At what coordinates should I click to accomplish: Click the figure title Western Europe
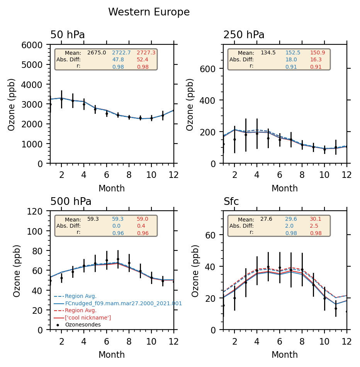(149, 12)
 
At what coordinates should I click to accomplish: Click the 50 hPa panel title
(68, 35)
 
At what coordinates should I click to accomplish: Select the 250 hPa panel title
(244, 35)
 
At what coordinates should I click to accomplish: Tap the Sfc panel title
(231, 202)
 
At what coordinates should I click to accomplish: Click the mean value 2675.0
(97, 52)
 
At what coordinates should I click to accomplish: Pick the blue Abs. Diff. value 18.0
(291, 59)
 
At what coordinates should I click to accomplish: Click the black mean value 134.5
(268, 52)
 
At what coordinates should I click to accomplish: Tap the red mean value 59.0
(142, 219)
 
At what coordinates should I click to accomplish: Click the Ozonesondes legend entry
(83, 325)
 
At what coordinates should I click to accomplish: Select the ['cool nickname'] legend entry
(88, 318)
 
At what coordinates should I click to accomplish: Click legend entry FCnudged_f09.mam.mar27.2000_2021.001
(123, 303)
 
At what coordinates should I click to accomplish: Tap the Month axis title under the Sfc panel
(285, 355)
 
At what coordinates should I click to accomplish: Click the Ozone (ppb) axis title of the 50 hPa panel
(12, 104)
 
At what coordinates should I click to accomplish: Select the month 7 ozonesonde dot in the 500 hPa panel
(118, 259)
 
